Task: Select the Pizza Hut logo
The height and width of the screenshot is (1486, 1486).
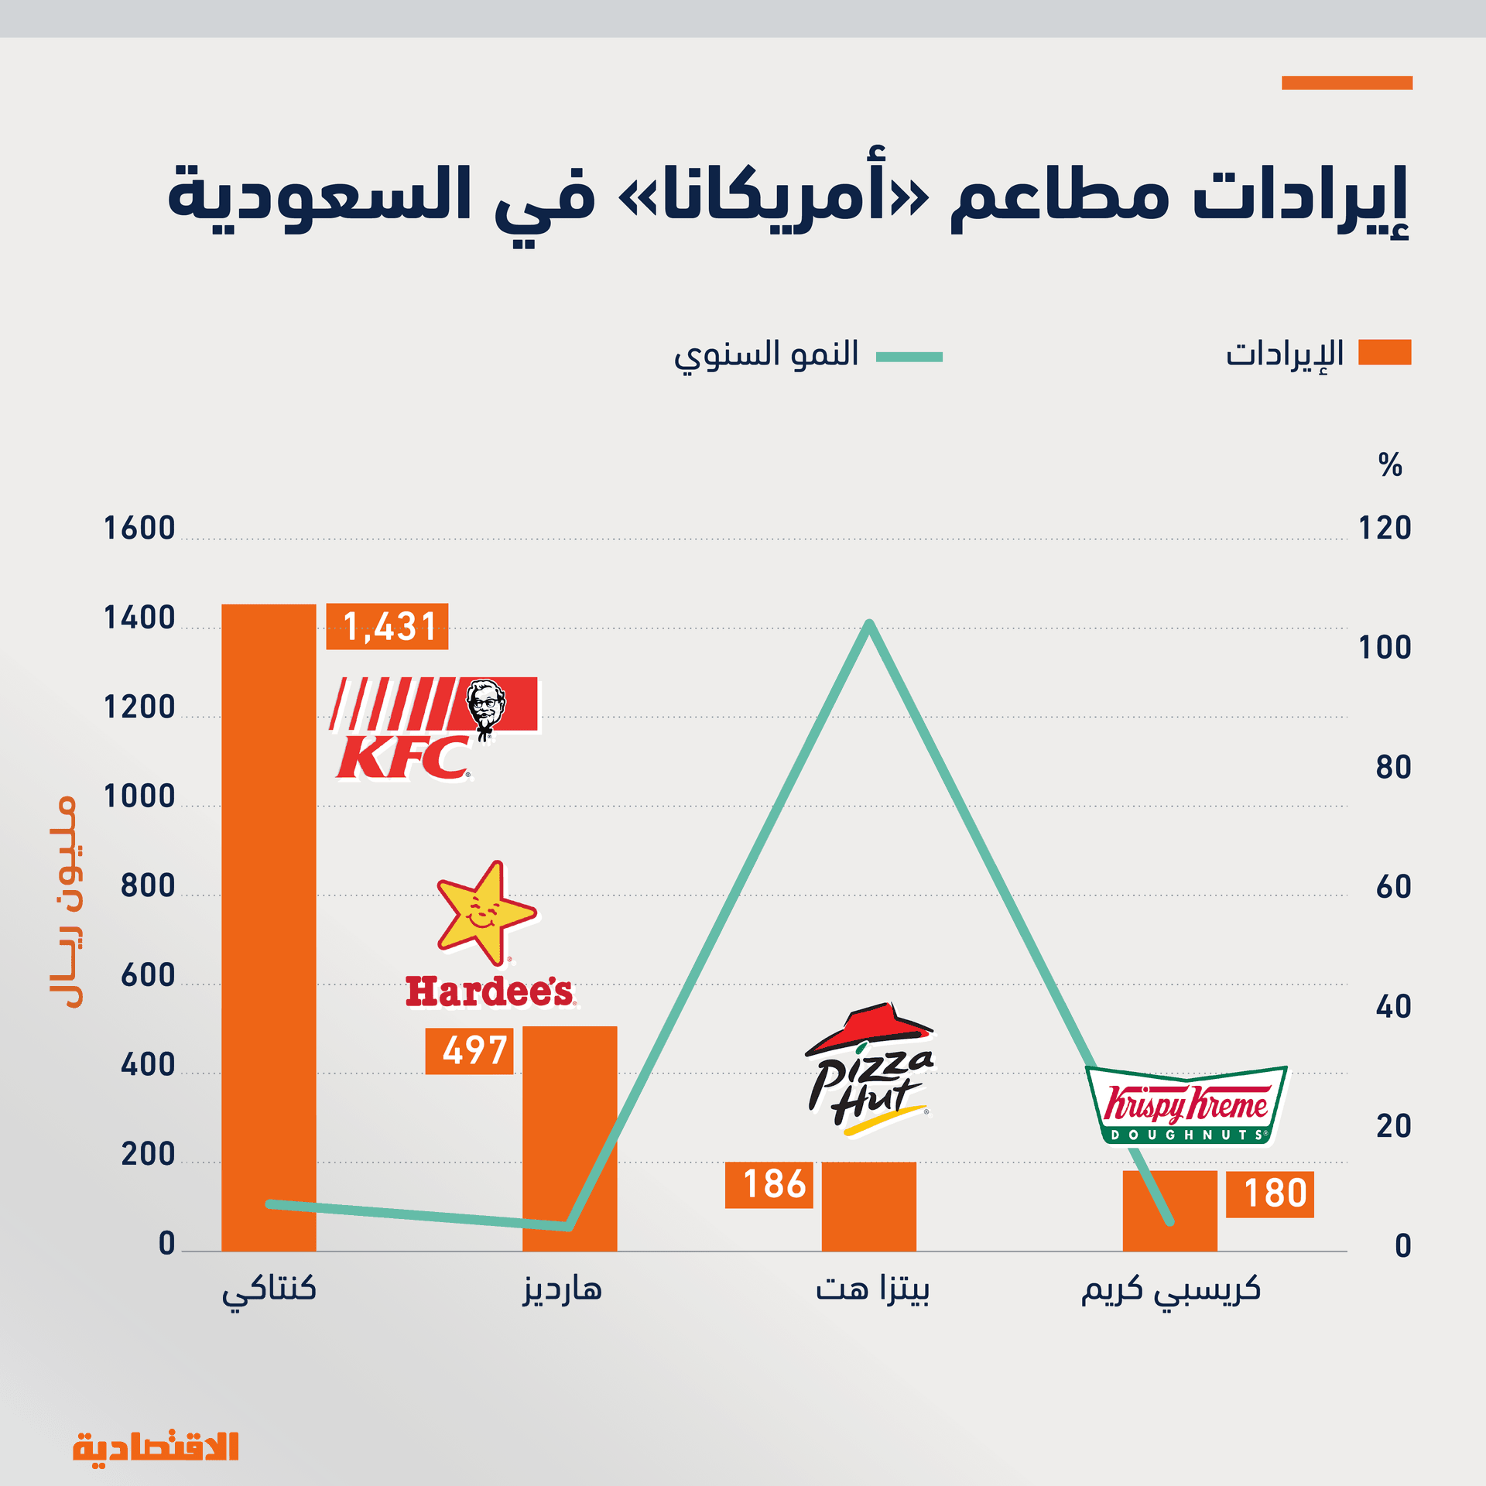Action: pos(870,1069)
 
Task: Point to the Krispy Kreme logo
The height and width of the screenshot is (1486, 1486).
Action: pos(1186,1106)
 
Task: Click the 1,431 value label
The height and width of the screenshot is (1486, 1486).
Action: pos(387,626)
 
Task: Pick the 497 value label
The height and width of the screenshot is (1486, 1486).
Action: pos(470,1051)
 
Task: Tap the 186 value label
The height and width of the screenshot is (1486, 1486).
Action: pos(769,1185)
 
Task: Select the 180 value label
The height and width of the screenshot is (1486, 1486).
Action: pos(1270,1194)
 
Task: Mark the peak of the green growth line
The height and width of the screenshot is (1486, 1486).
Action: pos(869,624)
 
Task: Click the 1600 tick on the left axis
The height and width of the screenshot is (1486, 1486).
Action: pos(140,529)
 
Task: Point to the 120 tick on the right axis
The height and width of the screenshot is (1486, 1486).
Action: pos(1385,529)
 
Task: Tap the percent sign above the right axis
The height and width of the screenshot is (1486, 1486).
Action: pos(1390,464)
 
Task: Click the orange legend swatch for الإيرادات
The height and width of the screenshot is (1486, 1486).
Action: pos(1385,352)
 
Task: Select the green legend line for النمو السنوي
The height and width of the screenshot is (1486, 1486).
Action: pos(909,357)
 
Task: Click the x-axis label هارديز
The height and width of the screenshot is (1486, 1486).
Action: pos(563,1289)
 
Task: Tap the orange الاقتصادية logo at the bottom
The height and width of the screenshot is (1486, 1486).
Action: pos(156,1446)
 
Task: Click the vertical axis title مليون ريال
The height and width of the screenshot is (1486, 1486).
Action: pos(63,901)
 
